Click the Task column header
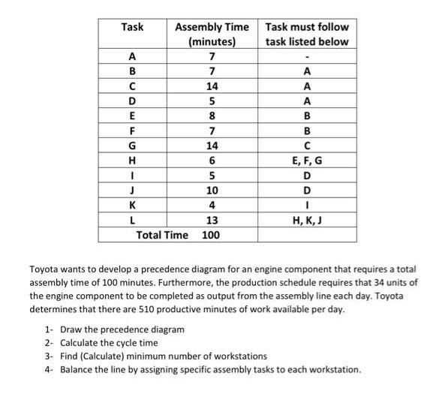[133, 27]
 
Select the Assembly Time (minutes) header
[211, 35]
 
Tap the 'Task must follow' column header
[306, 35]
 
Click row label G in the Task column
[133, 146]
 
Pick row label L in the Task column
[133, 220]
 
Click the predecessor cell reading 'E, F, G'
[306, 161]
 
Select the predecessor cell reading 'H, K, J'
[306, 220]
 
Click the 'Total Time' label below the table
[162, 235]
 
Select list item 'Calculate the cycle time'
[113, 343]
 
